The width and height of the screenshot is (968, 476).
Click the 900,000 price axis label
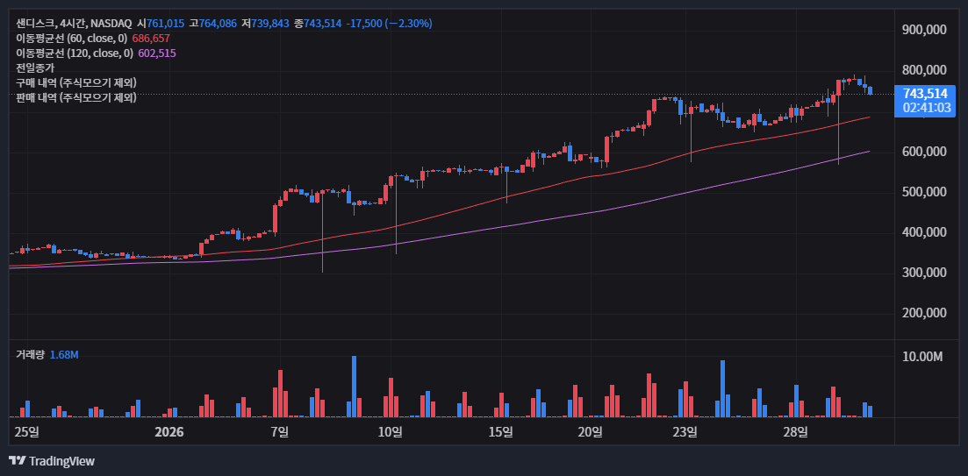(923, 29)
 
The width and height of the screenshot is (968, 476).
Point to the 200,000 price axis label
(923, 313)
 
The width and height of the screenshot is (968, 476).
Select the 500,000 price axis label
(923, 192)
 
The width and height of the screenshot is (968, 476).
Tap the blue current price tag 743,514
(925, 93)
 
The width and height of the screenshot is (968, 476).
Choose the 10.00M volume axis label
(922, 357)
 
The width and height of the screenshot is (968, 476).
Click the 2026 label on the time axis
(169, 431)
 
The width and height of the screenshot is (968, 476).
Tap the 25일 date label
(27, 431)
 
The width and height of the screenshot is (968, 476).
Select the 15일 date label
(500, 431)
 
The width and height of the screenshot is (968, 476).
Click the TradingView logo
(52, 461)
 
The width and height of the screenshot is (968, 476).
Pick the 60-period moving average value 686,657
(151, 39)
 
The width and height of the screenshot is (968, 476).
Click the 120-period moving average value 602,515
(157, 53)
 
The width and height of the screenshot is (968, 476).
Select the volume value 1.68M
(64, 354)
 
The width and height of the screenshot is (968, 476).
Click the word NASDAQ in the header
(111, 24)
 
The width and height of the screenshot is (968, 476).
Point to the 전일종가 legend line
(35, 67)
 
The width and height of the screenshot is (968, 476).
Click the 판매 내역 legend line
(76, 97)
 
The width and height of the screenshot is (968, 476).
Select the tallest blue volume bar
(354, 387)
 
